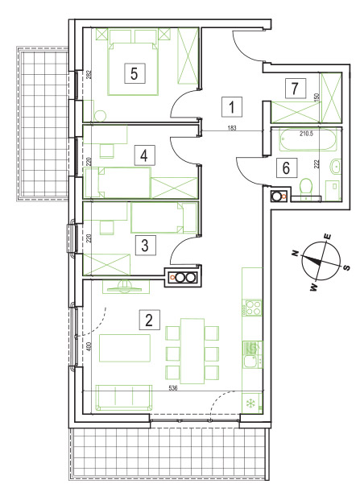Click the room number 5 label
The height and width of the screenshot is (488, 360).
[x=134, y=73]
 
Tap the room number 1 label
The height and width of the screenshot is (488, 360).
[x=232, y=107]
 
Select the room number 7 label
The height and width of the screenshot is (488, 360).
[x=295, y=89]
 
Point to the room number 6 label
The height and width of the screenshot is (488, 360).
[x=286, y=168]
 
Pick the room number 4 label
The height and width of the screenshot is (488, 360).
[x=144, y=155]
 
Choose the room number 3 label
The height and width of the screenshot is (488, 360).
[x=145, y=245]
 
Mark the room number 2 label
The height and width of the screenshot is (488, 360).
[x=149, y=320]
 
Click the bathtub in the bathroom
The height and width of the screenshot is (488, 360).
[x=308, y=140]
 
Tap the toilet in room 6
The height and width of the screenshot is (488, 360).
[x=307, y=188]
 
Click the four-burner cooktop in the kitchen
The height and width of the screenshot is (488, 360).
[x=254, y=308]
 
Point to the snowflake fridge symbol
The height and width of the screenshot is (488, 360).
[x=250, y=403]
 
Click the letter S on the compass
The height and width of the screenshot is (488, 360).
[x=347, y=267]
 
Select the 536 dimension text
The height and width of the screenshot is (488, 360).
[x=172, y=388]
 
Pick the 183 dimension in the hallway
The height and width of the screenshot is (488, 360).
[x=232, y=128]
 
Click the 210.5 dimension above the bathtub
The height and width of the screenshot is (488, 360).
[x=306, y=134]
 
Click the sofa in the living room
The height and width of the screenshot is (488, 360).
[x=125, y=398]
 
